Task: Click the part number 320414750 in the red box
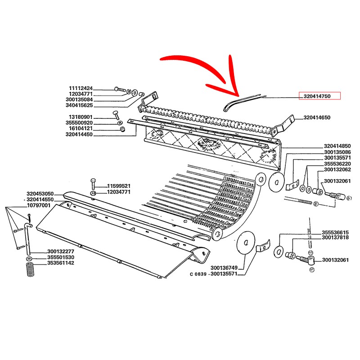click(x=320, y=96)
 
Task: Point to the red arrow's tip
click(x=238, y=95)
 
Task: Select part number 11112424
click(x=81, y=88)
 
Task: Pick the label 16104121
click(x=81, y=128)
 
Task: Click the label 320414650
click(x=317, y=117)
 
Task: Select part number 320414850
click(x=337, y=146)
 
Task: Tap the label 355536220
click(x=337, y=164)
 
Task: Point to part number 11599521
click(x=119, y=186)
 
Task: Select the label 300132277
click(x=61, y=252)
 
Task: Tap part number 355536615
click(x=335, y=232)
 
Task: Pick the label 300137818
click(x=335, y=238)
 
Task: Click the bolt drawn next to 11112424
click(x=120, y=89)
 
